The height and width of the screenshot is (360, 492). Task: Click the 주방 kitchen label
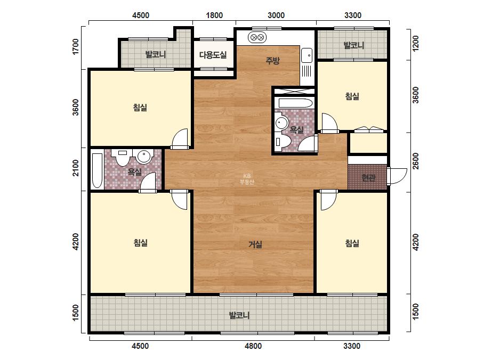tap(272, 61)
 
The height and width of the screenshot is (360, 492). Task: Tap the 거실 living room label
tap(255, 244)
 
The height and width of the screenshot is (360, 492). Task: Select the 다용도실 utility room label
tap(213, 55)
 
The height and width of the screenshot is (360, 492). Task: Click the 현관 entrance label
tap(368, 178)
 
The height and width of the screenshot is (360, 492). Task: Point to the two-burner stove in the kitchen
tap(257, 38)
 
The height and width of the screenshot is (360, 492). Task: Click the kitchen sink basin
tap(307, 55)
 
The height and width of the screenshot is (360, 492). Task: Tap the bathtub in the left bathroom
tap(97, 170)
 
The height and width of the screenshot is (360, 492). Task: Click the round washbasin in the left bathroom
tap(144, 157)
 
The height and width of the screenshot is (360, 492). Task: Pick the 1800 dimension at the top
tap(214, 15)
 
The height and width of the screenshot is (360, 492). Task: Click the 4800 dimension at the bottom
tap(253, 346)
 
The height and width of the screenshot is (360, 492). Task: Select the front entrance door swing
tap(397, 176)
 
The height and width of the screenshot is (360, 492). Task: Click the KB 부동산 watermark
tap(247, 179)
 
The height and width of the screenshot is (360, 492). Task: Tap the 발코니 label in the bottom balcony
tap(239, 315)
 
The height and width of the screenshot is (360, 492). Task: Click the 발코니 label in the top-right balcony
tap(354, 45)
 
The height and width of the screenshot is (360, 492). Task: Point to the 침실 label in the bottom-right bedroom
tap(352, 243)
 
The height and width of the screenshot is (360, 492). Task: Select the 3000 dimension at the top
tap(276, 15)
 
